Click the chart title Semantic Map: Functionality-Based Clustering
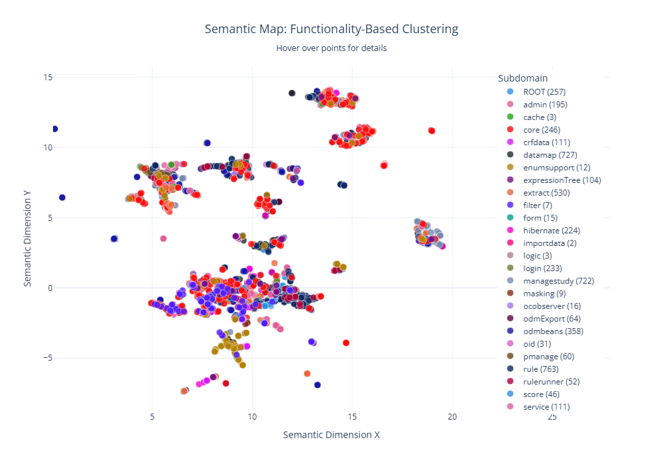click(x=331, y=29)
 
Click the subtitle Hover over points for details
click(x=331, y=48)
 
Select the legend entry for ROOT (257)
click(x=544, y=91)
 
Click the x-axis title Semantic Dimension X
click(x=331, y=435)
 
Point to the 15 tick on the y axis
click(x=48, y=77)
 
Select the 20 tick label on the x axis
click(x=452, y=417)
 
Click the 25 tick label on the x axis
click(x=552, y=417)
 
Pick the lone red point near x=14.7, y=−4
click(x=346, y=343)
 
